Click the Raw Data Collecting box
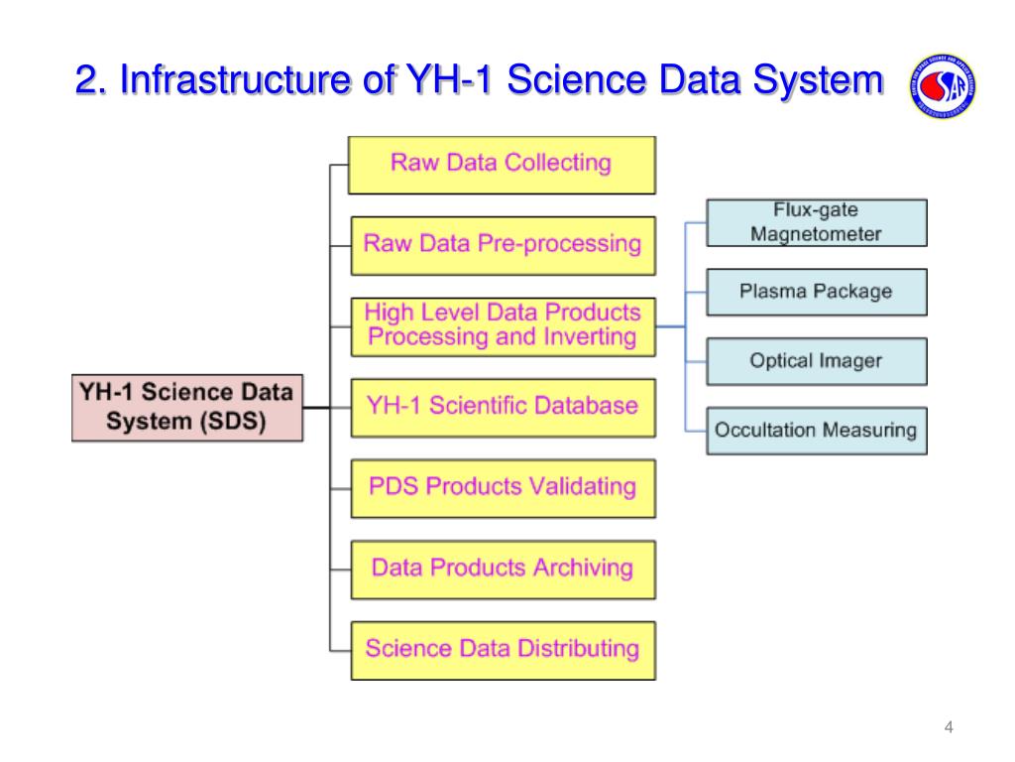point(502,164)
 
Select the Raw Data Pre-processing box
point(502,244)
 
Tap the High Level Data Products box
point(502,325)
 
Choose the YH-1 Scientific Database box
point(502,407)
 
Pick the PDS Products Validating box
point(502,487)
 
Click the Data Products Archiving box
point(502,569)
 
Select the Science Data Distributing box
point(502,650)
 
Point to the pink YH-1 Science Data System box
point(187,407)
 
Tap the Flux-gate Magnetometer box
point(816,222)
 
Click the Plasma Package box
point(816,292)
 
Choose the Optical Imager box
point(816,361)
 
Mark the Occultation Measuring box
point(816,431)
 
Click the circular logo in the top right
point(941,86)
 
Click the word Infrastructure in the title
point(237,81)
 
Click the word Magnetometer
point(816,235)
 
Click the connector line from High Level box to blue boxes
point(672,325)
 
